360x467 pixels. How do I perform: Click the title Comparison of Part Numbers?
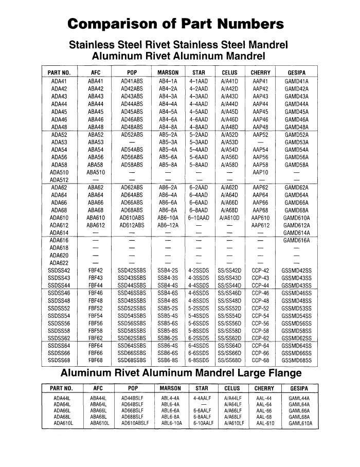pyautogui.click(x=176, y=24)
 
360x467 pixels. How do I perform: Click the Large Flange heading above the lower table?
pyautogui.click(x=182, y=372)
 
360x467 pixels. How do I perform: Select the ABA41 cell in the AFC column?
pyautogui.click(x=96, y=81)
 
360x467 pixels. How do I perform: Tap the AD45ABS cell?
pyautogui.click(x=132, y=112)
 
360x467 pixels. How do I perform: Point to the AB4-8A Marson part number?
pyautogui.click(x=168, y=127)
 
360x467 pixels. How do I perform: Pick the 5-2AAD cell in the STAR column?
pyautogui.click(x=199, y=135)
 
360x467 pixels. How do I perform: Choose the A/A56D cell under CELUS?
pyautogui.click(x=229, y=157)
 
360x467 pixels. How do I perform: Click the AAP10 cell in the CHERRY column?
pyautogui.click(x=260, y=172)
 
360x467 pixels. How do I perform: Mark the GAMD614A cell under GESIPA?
pyautogui.click(x=296, y=232)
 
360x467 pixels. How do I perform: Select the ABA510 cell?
pyautogui.click(x=96, y=172)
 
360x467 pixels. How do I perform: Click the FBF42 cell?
pyautogui.click(x=96, y=271)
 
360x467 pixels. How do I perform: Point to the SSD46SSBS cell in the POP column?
pyautogui.click(x=132, y=293)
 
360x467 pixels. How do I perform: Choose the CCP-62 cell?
pyautogui.click(x=260, y=338)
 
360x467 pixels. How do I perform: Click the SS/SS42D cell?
pyautogui.click(x=229, y=271)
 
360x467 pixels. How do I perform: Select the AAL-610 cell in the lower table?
pyautogui.click(x=264, y=423)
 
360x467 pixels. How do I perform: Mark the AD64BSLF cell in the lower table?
pyautogui.click(x=134, y=405)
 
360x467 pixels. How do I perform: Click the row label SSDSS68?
pyautogui.click(x=59, y=361)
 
